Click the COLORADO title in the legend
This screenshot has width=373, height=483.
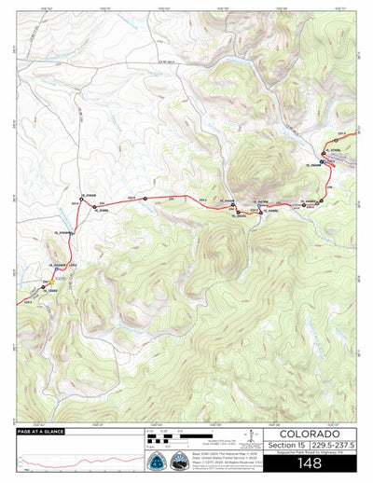tap(311, 434)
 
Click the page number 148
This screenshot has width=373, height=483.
tap(311, 462)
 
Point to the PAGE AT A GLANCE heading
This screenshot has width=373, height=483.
tap(43, 432)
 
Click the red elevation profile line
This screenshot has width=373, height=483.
tap(75, 461)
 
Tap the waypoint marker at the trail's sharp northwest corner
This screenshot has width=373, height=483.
tap(80, 198)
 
